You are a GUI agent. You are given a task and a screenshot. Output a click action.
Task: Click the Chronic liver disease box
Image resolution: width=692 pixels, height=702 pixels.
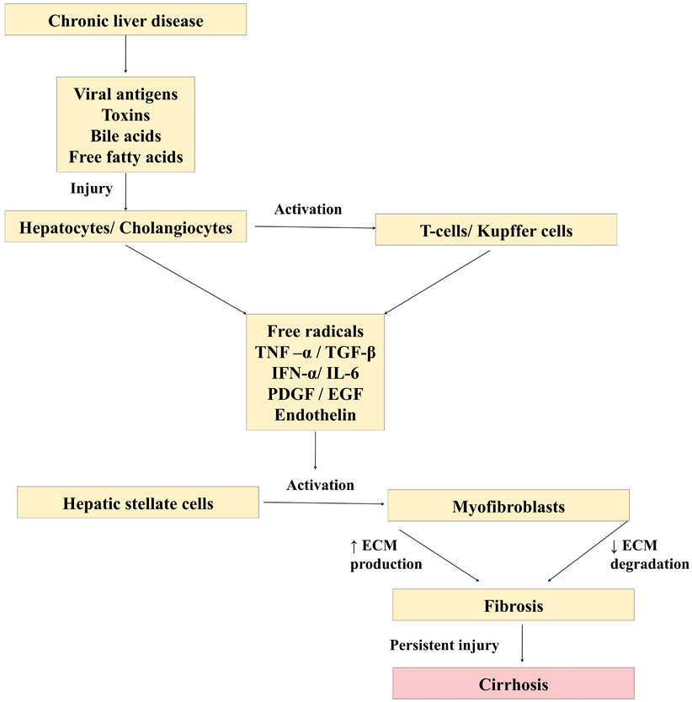(125, 21)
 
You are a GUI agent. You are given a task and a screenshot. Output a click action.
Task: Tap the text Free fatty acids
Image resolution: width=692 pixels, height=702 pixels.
(125, 157)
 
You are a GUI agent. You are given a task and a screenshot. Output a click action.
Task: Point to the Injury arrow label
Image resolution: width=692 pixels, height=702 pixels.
(91, 189)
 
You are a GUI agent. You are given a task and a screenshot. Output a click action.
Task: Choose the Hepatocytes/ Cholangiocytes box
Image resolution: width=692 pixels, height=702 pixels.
(125, 228)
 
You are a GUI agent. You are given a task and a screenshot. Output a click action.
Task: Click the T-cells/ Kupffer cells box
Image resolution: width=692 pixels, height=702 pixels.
(496, 230)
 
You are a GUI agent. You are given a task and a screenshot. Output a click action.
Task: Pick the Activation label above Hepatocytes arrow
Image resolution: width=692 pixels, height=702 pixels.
(309, 209)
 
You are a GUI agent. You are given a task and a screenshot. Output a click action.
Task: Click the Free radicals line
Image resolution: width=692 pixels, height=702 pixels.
(316, 331)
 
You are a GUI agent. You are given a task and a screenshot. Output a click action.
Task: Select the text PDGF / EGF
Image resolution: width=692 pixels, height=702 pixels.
(316, 394)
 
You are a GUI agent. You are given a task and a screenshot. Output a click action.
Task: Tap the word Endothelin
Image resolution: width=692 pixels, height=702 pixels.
(316, 415)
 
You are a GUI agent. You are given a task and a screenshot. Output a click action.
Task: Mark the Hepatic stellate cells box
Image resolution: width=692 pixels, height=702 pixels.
(138, 504)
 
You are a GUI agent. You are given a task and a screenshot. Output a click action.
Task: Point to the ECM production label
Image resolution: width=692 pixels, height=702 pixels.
(386, 556)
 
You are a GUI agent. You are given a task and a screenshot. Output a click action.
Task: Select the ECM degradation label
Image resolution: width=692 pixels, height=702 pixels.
(648, 556)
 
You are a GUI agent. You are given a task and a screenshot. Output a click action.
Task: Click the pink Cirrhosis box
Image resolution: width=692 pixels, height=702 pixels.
(513, 683)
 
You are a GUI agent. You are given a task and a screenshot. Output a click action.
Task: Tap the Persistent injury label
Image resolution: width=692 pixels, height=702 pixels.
(444, 646)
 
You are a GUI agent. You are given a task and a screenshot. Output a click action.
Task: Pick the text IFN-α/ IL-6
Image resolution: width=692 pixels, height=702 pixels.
(316, 373)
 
